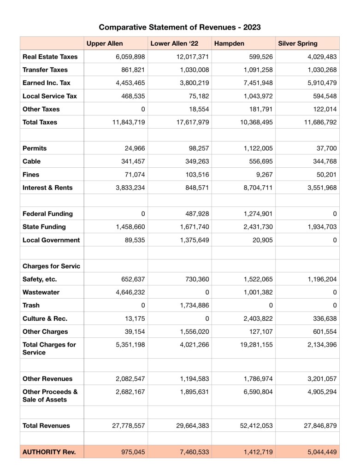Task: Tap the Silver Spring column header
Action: (x=298, y=43)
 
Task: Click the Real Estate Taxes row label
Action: (x=50, y=57)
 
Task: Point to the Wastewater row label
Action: (x=41, y=292)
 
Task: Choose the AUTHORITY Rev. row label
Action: (x=49, y=452)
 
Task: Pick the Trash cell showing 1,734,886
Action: (x=191, y=305)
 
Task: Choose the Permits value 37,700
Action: (x=325, y=148)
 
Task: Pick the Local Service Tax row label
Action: (x=49, y=96)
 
